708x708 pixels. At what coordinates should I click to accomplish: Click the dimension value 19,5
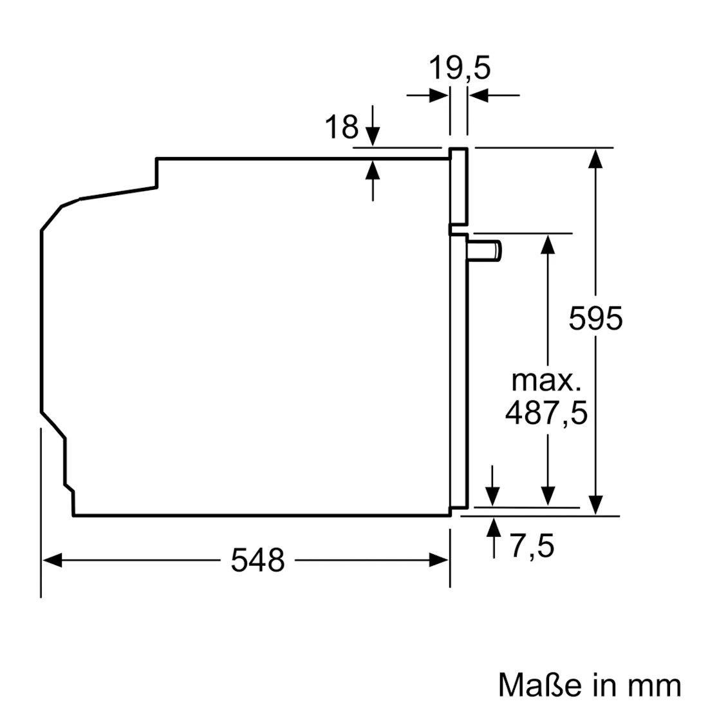459,68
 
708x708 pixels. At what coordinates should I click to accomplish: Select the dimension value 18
341,127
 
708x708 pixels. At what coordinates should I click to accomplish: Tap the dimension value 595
596,318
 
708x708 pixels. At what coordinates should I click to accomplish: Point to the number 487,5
546,413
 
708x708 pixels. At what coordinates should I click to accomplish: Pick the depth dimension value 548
257,560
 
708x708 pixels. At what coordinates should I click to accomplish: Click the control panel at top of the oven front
458,187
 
